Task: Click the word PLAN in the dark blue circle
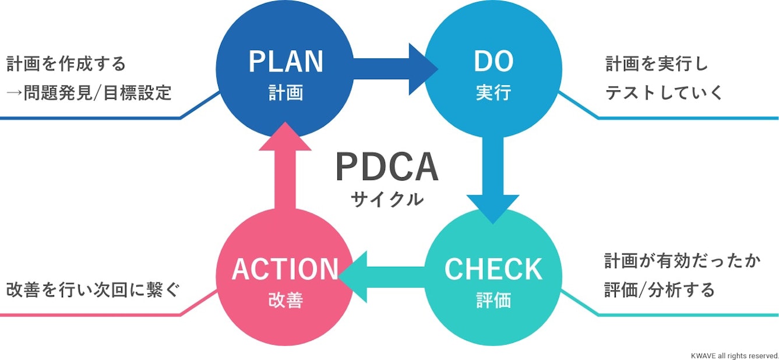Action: (x=285, y=62)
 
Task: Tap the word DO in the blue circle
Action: (x=493, y=62)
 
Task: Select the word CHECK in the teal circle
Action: (x=493, y=269)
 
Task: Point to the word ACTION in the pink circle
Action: (x=285, y=269)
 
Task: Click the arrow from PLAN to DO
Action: (x=390, y=69)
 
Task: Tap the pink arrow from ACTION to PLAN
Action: (x=285, y=169)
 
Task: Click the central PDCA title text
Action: (x=386, y=167)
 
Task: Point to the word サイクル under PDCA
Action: (x=386, y=200)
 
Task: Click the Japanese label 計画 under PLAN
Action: (x=285, y=93)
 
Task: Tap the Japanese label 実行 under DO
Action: (x=493, y=93)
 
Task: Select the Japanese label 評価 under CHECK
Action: (x=493, y=301)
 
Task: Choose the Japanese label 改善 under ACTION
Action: (x=285, y=301)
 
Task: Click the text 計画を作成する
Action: (x=66, y=63)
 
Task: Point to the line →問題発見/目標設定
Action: (x=89, y=93)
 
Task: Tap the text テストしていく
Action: (x=664, y=93)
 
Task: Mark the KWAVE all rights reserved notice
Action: (x=734, y=355)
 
